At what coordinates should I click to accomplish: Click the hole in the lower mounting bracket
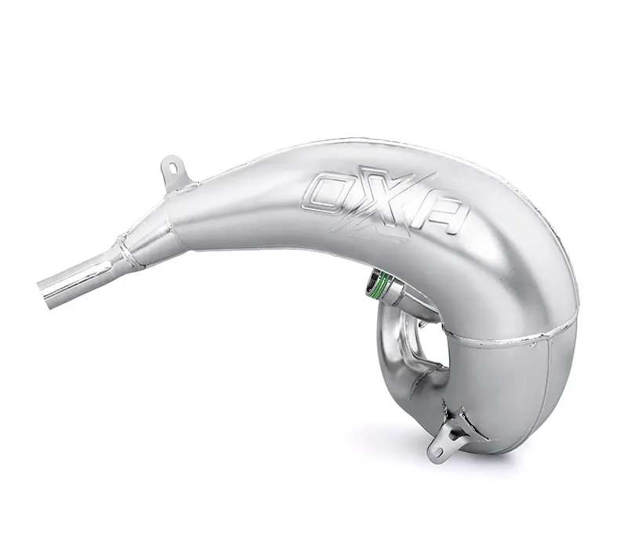(x=436, y=451)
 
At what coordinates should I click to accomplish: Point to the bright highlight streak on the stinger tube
(x=78, y=274)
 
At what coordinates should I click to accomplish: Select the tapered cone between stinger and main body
(x=157, y=227)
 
